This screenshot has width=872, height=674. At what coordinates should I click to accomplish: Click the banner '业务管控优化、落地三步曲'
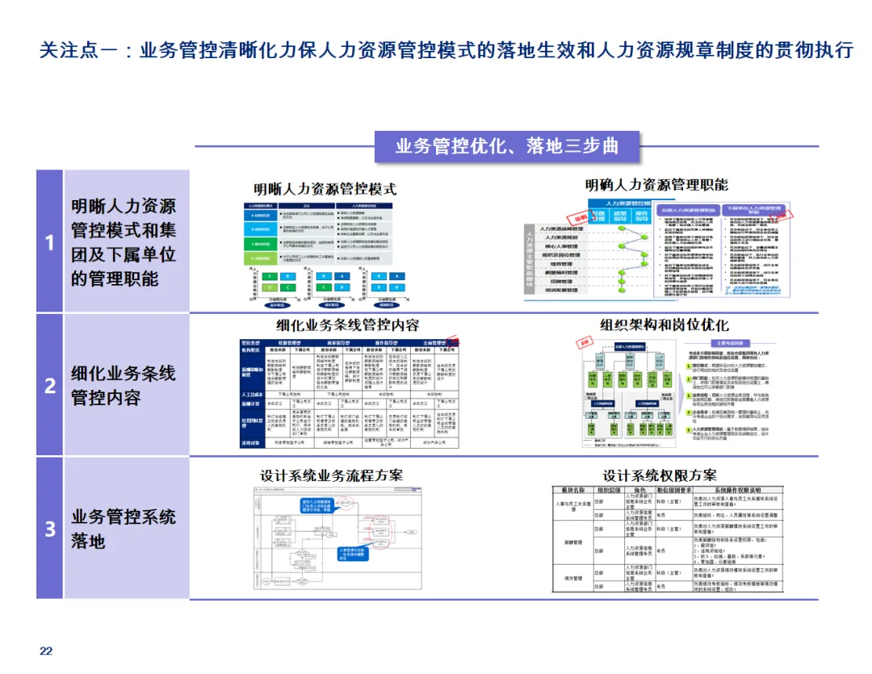pos(507,147)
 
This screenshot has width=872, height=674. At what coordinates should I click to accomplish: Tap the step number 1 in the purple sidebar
pos(50,242)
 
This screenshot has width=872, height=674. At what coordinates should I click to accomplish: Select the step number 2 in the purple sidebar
pos(50,385)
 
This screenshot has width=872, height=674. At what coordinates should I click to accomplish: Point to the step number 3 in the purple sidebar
pos(50,529)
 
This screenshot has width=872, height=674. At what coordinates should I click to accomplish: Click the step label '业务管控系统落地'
pos(123,529)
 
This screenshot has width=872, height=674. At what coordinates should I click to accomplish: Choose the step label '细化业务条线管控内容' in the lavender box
pos(123,385)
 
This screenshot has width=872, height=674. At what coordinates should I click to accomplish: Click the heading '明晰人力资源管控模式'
pos(325,190)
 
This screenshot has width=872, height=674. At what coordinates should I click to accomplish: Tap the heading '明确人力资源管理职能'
pos(656,185)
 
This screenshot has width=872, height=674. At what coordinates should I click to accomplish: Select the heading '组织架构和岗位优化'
pos(664,324)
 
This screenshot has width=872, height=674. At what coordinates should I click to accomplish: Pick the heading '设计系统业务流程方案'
pos(331,475)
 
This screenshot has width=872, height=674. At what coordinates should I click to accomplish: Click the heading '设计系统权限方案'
pos(659,475)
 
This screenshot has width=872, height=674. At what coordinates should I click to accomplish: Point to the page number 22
pos(46,651)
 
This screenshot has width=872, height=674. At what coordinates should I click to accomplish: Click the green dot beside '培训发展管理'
pos(622,289)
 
